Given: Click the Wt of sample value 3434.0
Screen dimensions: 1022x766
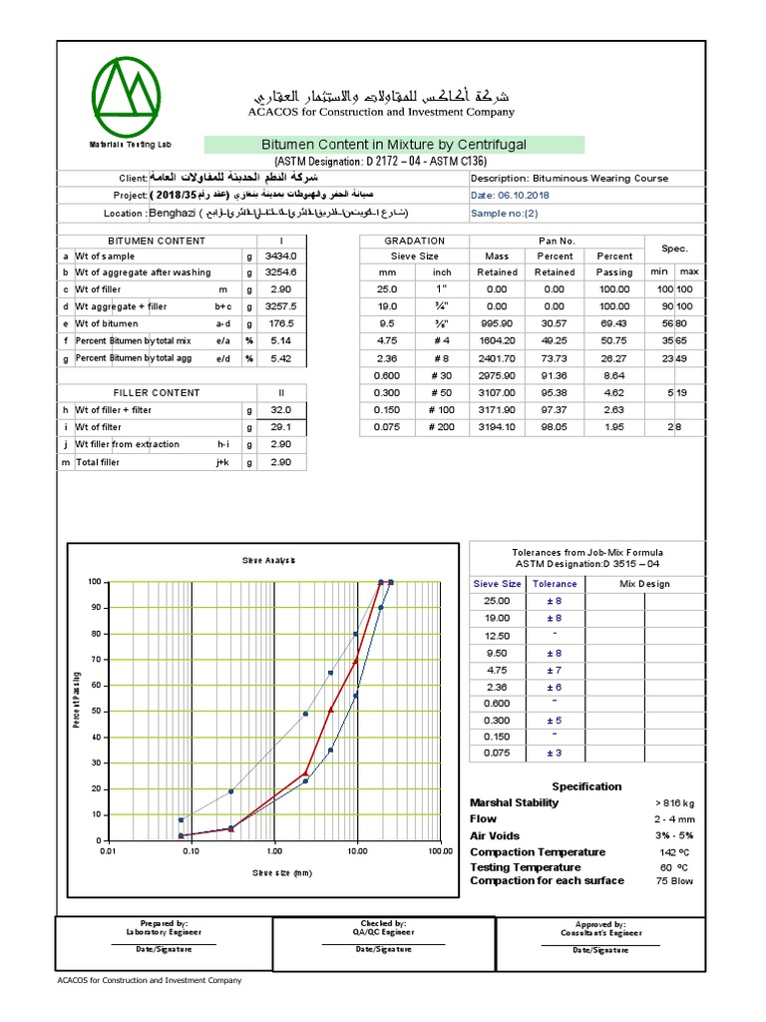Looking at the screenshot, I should click(282, 256).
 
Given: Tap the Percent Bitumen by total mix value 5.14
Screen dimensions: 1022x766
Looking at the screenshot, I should click(282, 341).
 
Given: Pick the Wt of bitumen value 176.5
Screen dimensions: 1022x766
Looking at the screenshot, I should click(282, 324).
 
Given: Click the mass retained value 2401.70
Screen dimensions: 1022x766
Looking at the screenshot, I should click(497, 358).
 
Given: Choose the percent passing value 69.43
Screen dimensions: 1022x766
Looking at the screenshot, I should click(614, 324).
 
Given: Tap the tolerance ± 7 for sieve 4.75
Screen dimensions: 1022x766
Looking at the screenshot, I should click(555, 670).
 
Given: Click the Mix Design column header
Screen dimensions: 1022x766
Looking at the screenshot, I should click(645, 584).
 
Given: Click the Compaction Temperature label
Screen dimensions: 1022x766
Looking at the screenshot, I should click(538, 852).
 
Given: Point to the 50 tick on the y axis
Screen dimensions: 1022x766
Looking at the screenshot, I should click(96, 712).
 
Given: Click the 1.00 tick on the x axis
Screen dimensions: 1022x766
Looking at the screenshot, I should click(274, 851).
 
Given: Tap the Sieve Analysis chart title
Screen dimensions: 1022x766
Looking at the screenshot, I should click(268, 561).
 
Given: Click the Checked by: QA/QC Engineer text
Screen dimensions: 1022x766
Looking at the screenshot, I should click(384, 928).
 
